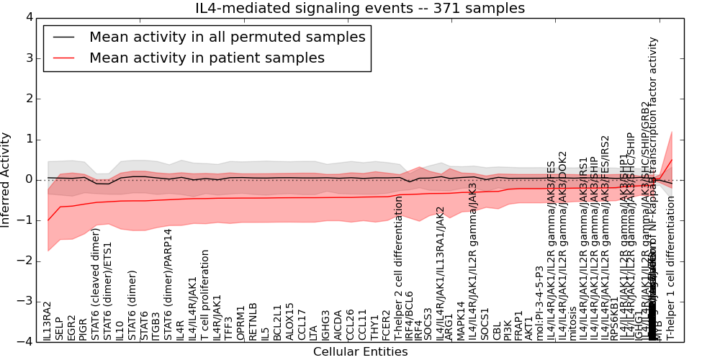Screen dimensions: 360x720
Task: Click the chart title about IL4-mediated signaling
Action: tap(360, 9)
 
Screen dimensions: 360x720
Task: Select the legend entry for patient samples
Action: tap(207, 58)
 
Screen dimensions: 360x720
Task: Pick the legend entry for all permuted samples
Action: tap(227, 37)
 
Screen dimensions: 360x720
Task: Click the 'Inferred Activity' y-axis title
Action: tap(6, 179)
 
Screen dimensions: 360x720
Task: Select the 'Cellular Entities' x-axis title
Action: tap(360, 352)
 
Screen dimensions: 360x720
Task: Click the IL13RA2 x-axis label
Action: tap(48, 321)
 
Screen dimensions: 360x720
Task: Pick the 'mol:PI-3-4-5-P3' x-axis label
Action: tap(539, 303)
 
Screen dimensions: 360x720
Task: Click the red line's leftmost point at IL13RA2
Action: tap(48, 220)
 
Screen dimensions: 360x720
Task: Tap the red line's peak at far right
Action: tap(672, 159)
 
